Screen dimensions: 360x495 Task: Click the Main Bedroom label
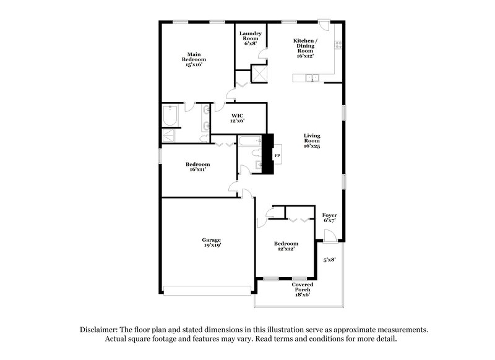point(195,59)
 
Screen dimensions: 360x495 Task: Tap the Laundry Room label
point(251,38)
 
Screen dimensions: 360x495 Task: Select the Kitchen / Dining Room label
point(305,48)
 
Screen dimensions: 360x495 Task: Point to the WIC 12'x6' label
point(238,118)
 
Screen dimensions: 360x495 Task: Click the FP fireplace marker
point(277,155)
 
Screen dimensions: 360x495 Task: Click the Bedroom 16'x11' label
point(197,166)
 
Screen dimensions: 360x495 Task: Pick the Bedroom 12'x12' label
point(286,246)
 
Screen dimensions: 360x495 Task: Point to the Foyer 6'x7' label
point(330,217)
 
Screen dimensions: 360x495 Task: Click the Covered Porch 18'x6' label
point(303,289)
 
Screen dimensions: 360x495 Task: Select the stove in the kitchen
point(338,45)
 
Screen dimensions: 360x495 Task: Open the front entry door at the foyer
point(330,236)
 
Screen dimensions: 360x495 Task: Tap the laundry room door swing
point(262,54)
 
